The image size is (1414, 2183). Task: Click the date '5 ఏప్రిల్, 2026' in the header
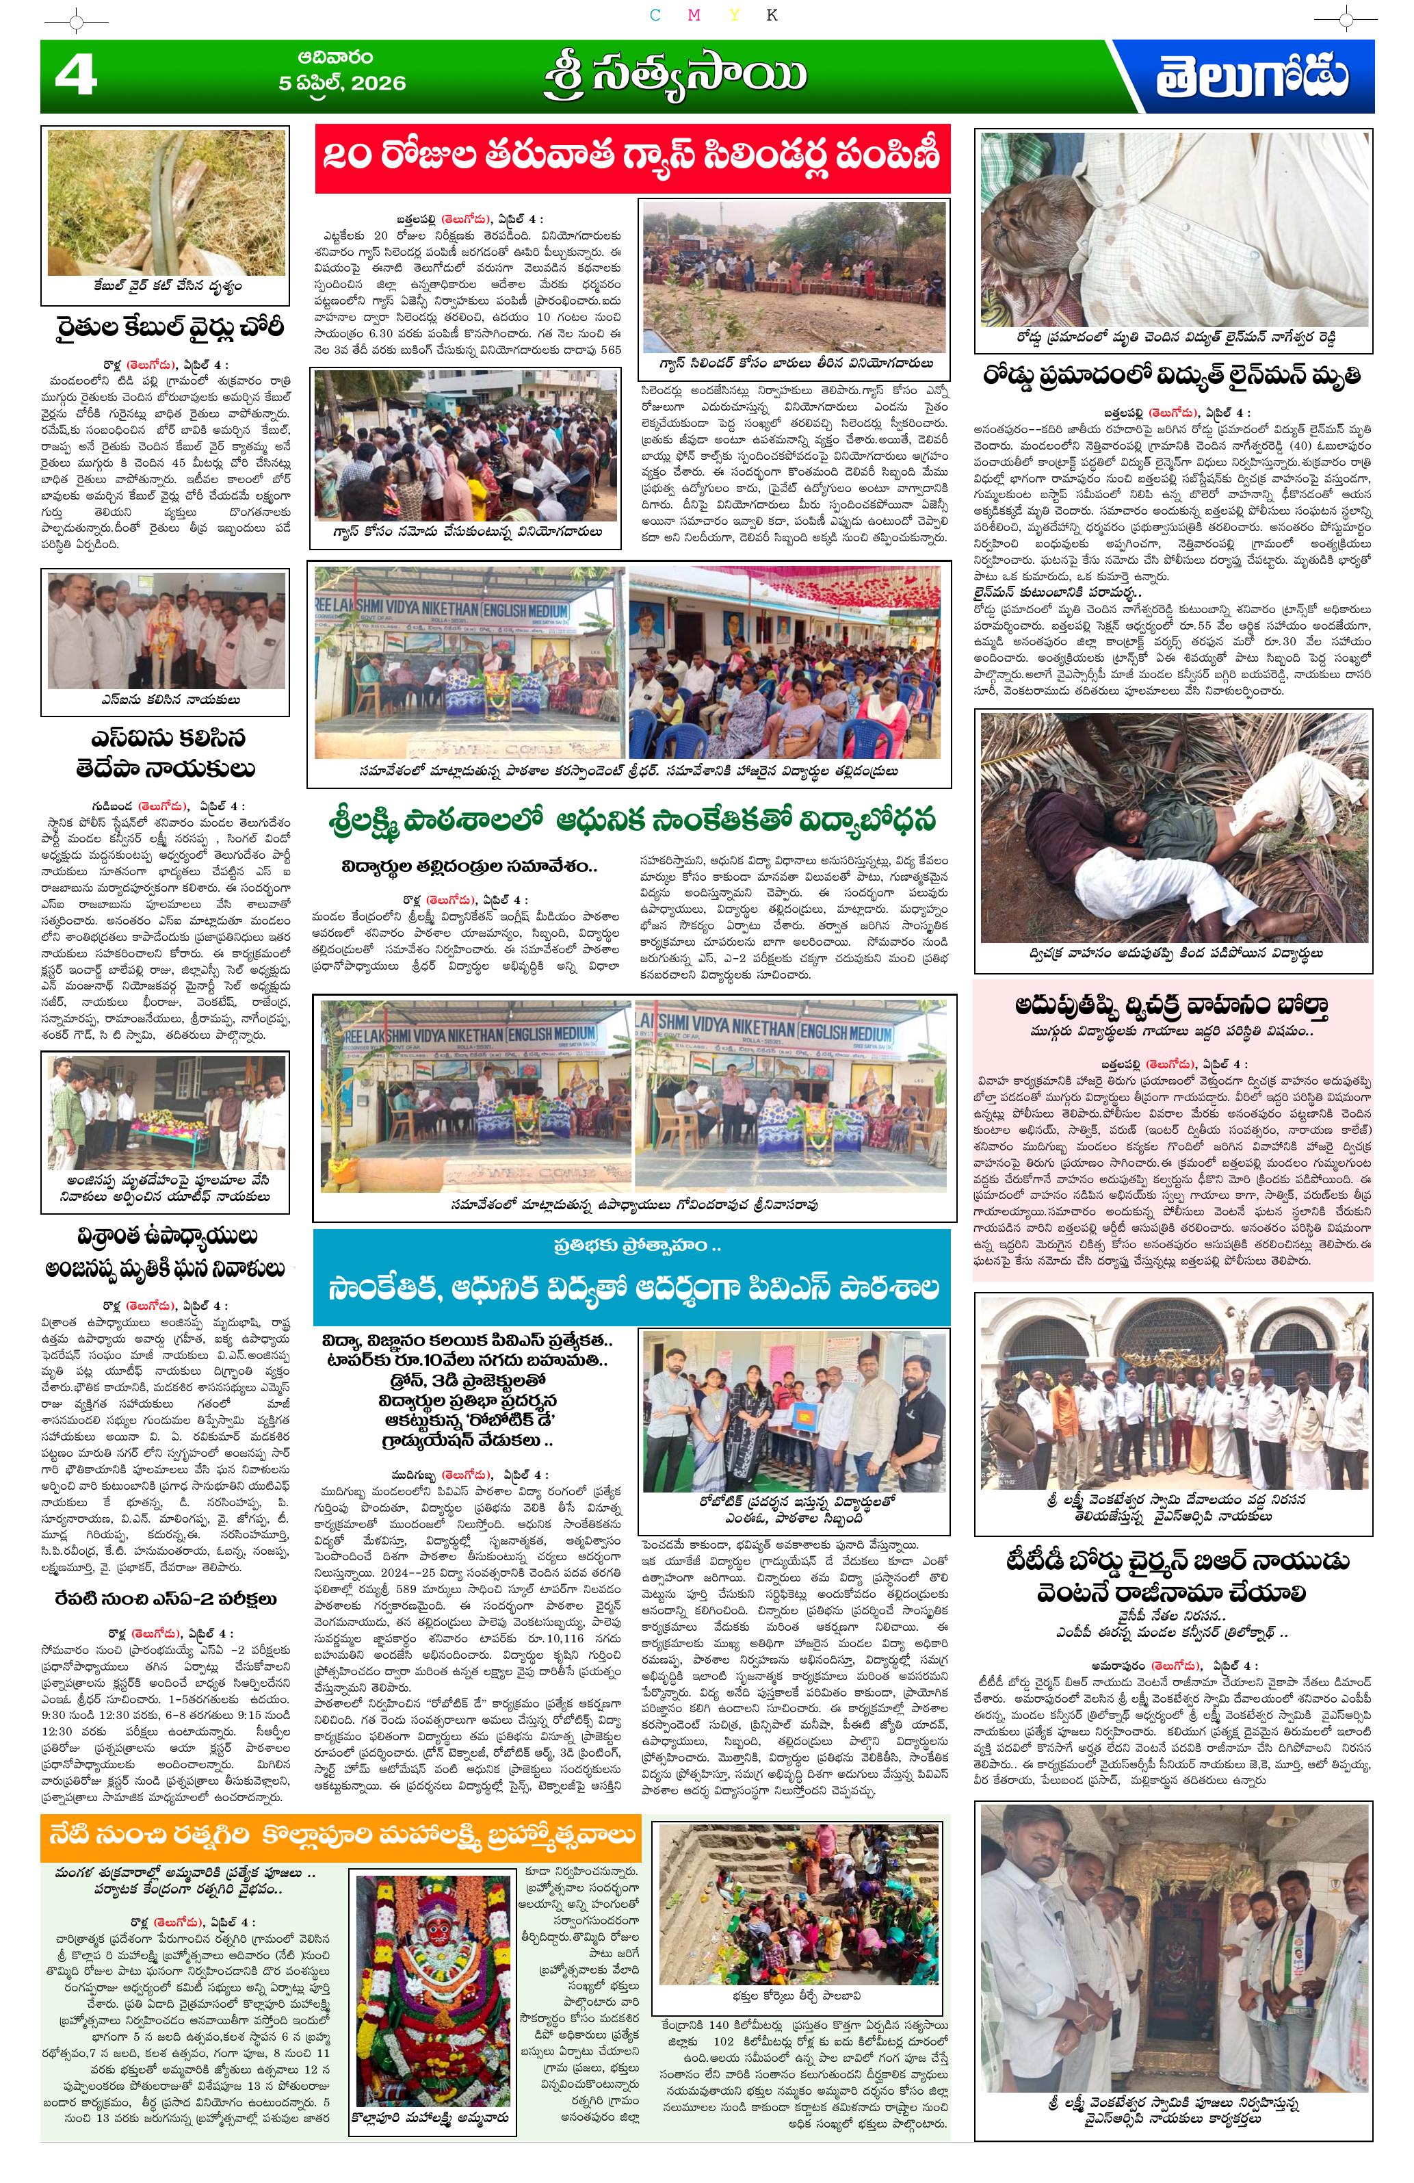pos(341,83)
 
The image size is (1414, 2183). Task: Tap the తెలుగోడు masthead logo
pos(1251,78)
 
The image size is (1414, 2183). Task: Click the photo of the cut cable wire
pos(166,202)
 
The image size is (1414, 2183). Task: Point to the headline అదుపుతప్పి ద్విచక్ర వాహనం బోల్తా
pos(1172,1006)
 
